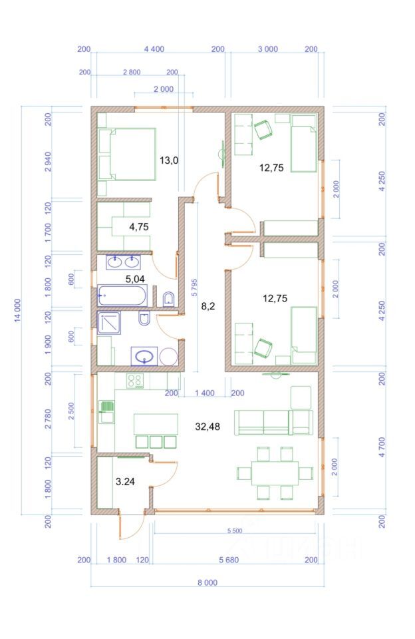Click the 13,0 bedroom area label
[x=169, y=160]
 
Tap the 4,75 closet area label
[x=139, y=227]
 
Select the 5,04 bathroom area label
[x=135, y=279]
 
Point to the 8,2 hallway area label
[x=207, y=306]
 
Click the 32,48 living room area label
[x=207, y=427]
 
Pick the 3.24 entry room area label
[x=125, y=481]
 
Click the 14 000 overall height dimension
[x=18, y=311]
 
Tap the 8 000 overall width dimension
[x=207, y=583]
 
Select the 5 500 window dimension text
[x=235, y=531]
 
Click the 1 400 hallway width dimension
[x=204, y=393]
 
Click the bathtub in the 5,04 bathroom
[x=122, y=296]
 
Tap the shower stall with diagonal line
[x=109, y=323]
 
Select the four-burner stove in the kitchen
[x=135, y=381]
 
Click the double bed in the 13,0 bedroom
[x=127, y=154]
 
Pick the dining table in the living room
[x=275, y=473]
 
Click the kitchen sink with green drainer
[x=106, y=412]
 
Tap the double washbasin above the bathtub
[x=124, y=262]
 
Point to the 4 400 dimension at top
[x=154, y=49]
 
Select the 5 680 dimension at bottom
[x=229, y=560]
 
